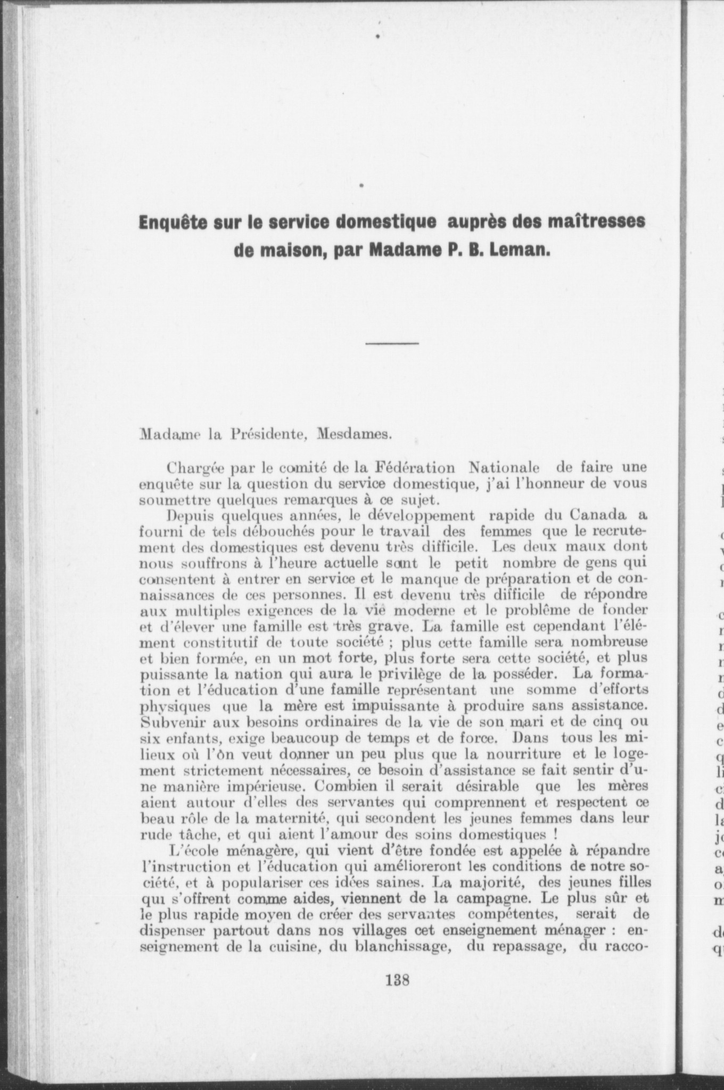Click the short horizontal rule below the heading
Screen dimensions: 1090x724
(x=392, y=343)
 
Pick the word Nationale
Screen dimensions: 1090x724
(x=504, y=468)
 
